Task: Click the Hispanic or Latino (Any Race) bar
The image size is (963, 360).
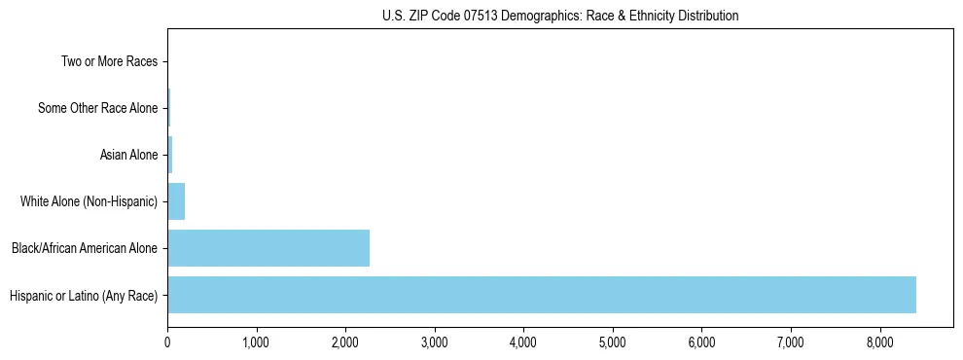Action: (x=542, y=295)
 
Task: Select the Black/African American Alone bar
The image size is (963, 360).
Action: (x=268, y=248)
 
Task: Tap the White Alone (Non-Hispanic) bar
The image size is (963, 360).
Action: (x=176, y=201)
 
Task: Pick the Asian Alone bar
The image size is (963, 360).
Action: (x=170, y=155)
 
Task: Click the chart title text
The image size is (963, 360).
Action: (x=560, y=16)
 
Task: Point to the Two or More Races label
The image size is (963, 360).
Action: (x=109, y=62)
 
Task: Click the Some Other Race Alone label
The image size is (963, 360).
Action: (x=97, y=108)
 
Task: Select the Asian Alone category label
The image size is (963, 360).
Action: (x=128, y=155)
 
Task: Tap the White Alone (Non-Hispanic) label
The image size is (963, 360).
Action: (x=89, y=201)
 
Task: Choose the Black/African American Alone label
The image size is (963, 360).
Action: (x=85, y=248)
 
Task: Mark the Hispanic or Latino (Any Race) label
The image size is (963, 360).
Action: (x=84, y=295)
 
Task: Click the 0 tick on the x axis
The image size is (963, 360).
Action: (x=167, y=343)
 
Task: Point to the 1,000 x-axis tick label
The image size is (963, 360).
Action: (x=256, y=343)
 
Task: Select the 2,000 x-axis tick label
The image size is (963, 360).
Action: (x=345, y=343)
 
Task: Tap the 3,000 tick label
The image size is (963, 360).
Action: (x=435, y=343)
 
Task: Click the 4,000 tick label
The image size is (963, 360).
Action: (x=523, y=343)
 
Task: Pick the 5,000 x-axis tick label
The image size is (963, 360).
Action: (x=613, y=343)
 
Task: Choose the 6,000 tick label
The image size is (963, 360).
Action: (x=701, y=343)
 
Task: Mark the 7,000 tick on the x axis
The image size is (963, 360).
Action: (x=791, y=343)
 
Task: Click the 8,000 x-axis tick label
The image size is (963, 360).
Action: (x=879, y=343)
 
